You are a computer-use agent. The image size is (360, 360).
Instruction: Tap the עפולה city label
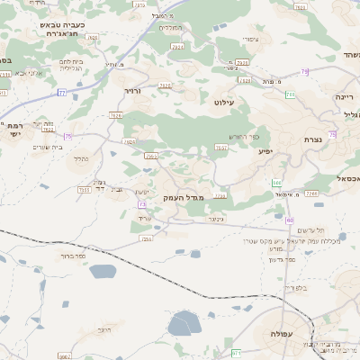[x=283, y=334]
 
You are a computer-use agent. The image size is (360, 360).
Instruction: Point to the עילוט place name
[x=225, y=103]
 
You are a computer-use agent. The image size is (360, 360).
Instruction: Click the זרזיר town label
[x=133, y=90]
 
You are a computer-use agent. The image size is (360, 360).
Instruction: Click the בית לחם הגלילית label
[x=72, y=65]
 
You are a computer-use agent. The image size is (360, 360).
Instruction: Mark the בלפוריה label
[x=296, y=288]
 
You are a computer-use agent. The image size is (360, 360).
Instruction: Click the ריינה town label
[x=345, y=95]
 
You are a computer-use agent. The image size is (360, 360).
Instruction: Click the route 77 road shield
[x=62, y=92]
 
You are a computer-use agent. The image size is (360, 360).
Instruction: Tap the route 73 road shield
[x=142, y=204]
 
